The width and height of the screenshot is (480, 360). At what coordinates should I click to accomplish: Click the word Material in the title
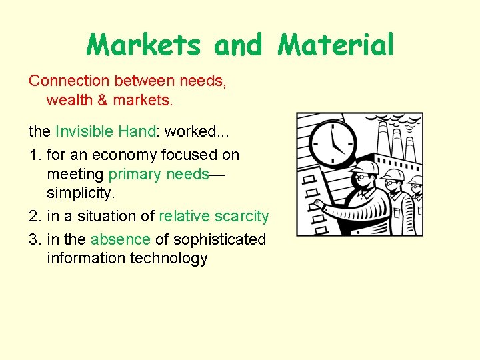pos(336,45)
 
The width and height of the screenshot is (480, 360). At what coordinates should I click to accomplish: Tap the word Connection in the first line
pos(69,81)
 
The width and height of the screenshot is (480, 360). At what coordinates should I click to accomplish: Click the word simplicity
pos(77,193)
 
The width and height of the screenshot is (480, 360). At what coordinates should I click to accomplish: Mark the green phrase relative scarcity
pos(213,217)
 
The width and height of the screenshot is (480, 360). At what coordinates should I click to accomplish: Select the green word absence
pos(121,239)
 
